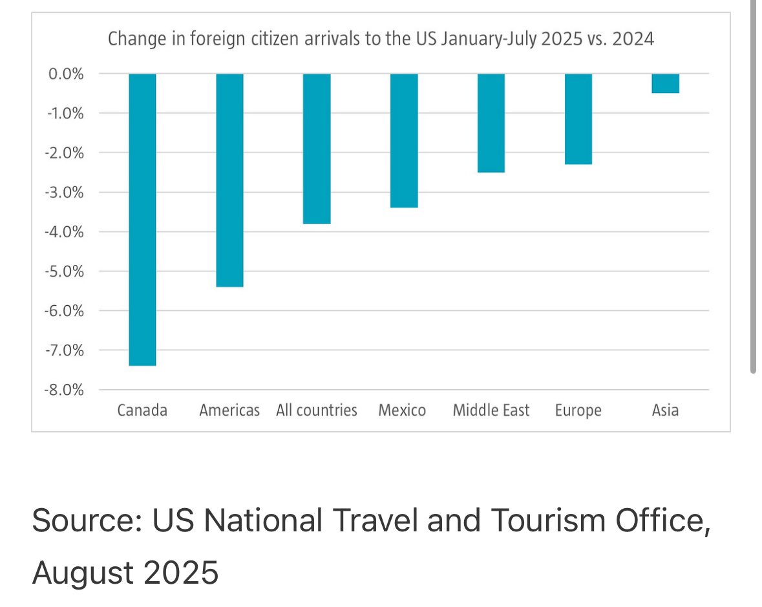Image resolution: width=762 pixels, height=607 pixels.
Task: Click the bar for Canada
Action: point(142,220)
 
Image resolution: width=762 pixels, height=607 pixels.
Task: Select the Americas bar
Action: point(229,180)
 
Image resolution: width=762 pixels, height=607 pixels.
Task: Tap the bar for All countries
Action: point(317,149)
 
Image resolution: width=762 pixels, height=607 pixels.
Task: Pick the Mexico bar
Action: point(404,141)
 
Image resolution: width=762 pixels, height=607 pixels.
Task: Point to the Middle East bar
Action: point(491,123)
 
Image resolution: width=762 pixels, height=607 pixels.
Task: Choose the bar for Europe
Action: point(578,119)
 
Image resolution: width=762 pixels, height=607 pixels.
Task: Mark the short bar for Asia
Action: point(665,83)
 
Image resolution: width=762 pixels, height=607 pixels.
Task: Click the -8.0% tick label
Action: point(65,390)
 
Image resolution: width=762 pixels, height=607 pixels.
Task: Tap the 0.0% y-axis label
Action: point(67,74)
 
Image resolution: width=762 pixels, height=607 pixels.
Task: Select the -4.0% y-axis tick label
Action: point(65,231)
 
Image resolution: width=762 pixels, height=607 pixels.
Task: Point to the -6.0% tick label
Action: point(65,311)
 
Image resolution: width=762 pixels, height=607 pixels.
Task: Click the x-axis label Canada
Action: point(142,410)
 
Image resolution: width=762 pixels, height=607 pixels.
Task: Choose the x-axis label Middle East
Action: point(491,410)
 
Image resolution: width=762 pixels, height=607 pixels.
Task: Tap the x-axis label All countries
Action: point(316,410)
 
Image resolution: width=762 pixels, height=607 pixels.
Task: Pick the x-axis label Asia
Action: point(665,410)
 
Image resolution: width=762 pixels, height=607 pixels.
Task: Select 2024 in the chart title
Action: point(633,39)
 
